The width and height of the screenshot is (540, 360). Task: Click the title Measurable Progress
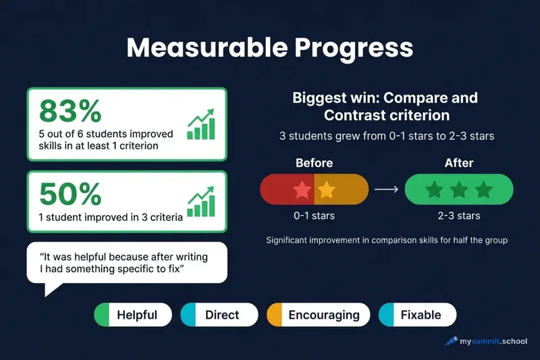pyautogui.click(x=270, y=49)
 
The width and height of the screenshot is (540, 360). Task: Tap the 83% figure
pyautogui.click(x=70, y=110)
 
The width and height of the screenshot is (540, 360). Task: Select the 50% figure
pyautogui.click(x=70, y=194)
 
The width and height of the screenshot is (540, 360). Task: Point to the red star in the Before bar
pyautogui.click(x=303, y=190)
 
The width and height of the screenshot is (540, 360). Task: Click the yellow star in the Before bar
pyautogui.click(x=326, y=190)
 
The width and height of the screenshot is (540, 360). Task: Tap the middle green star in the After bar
pyautogui.click(x=459, y=190)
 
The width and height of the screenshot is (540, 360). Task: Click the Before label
pyautogui.click(x=314, y=163)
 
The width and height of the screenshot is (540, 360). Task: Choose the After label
pyautogui.click(x=459, y=163)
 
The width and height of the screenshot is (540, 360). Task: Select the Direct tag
pyautogui.click(x=219, y=315)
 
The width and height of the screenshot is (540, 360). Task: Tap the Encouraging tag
pyautogui.click(x=318, y=315)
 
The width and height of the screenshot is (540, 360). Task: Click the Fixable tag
pyautogui.click(x=417, y=315)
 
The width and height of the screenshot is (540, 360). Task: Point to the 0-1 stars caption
pyautogui.click(x=314, y=216)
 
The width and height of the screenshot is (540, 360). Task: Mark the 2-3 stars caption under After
pyautogui.click(x=459, y=216)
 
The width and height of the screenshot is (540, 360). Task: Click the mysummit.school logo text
pyautogui.click(x=493, y=341)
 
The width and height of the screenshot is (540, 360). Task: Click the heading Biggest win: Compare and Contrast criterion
pyautogui.click(x=385, y=106)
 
